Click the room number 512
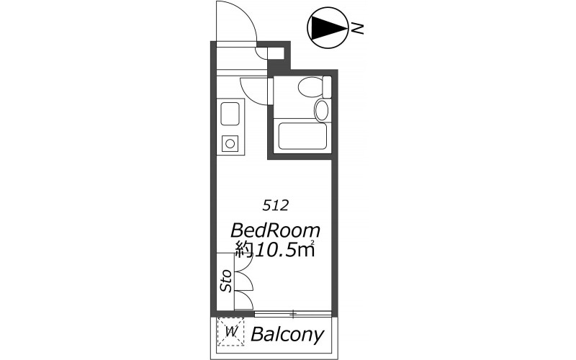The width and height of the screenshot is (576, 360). pos(275,206)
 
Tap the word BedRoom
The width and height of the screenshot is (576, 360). pos(276,230)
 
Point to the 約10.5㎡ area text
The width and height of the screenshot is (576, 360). pos(276,249)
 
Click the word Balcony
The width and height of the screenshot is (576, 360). pos(287,335)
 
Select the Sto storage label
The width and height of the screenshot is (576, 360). pos(226,281)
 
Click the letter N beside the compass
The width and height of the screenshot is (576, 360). pos(356,28)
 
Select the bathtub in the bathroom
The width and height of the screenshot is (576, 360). pos(302,136)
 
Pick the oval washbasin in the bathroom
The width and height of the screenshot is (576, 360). pos(321,110)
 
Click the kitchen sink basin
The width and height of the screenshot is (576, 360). pos(230,114)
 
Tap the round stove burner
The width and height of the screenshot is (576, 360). pos(230,143)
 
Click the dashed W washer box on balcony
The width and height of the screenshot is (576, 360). pos(230,332)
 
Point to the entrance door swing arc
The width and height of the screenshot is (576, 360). pos(246,14)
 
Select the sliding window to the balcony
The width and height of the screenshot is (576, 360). pos(293,314)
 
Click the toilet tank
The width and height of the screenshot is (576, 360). pos(327,87)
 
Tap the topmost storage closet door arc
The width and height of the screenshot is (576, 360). pos(248,261)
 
